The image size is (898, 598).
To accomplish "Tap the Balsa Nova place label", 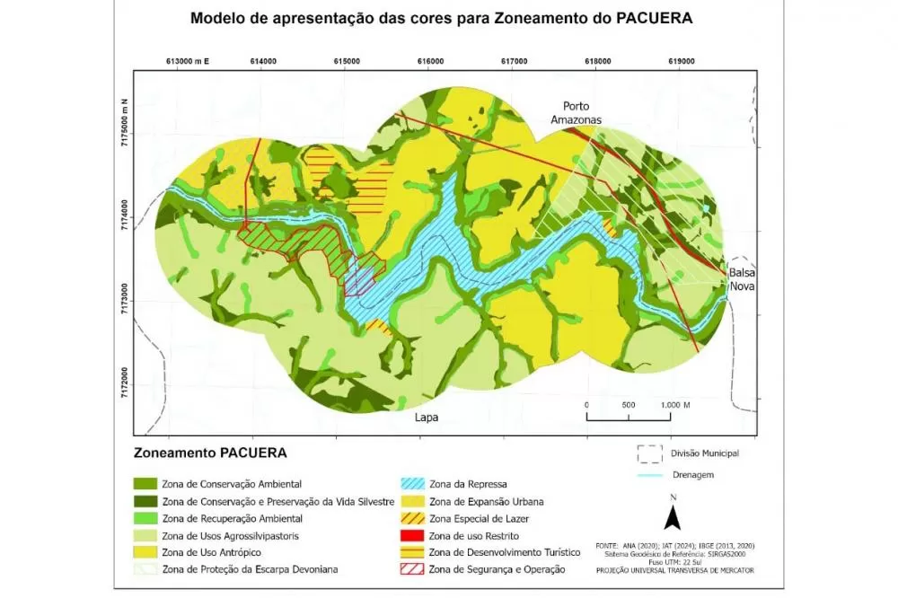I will [742, 278].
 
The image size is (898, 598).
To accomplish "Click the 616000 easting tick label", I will [430, 61].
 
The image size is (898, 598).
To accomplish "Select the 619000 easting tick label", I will [682, 61].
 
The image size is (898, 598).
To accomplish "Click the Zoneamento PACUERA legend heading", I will [210, 452].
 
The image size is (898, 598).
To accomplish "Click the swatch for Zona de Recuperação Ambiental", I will [145, 518].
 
